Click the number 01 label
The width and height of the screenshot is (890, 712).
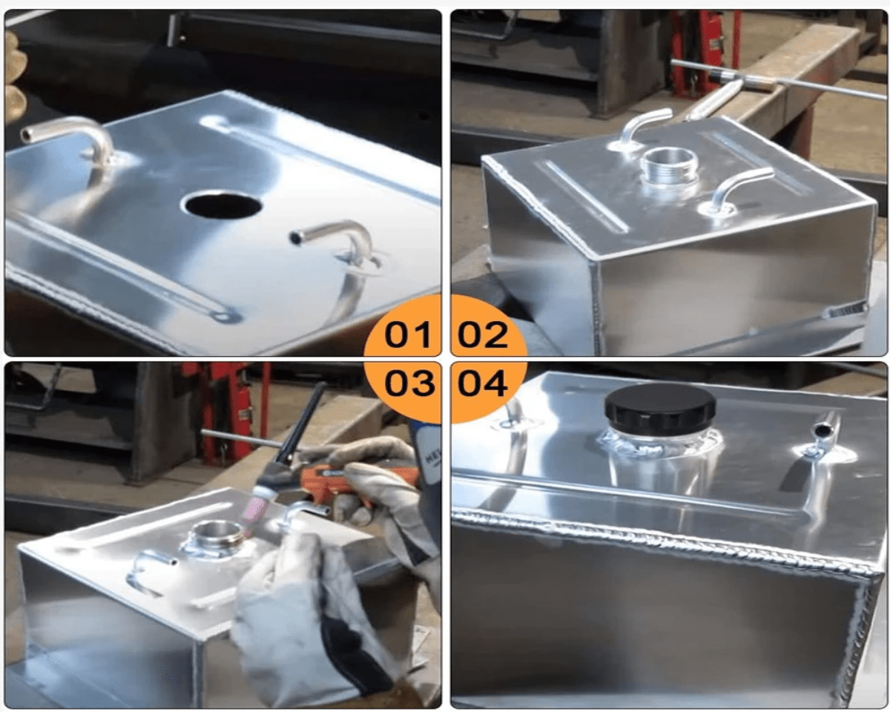pos(407,334)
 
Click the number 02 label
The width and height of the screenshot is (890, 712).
pos(483,334)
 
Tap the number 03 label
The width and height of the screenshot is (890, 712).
pos(409,383)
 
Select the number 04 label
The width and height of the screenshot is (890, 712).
pos(482,383)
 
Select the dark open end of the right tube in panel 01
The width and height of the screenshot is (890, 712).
pos(296,238)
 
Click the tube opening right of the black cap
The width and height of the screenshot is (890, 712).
pos(821,431)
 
